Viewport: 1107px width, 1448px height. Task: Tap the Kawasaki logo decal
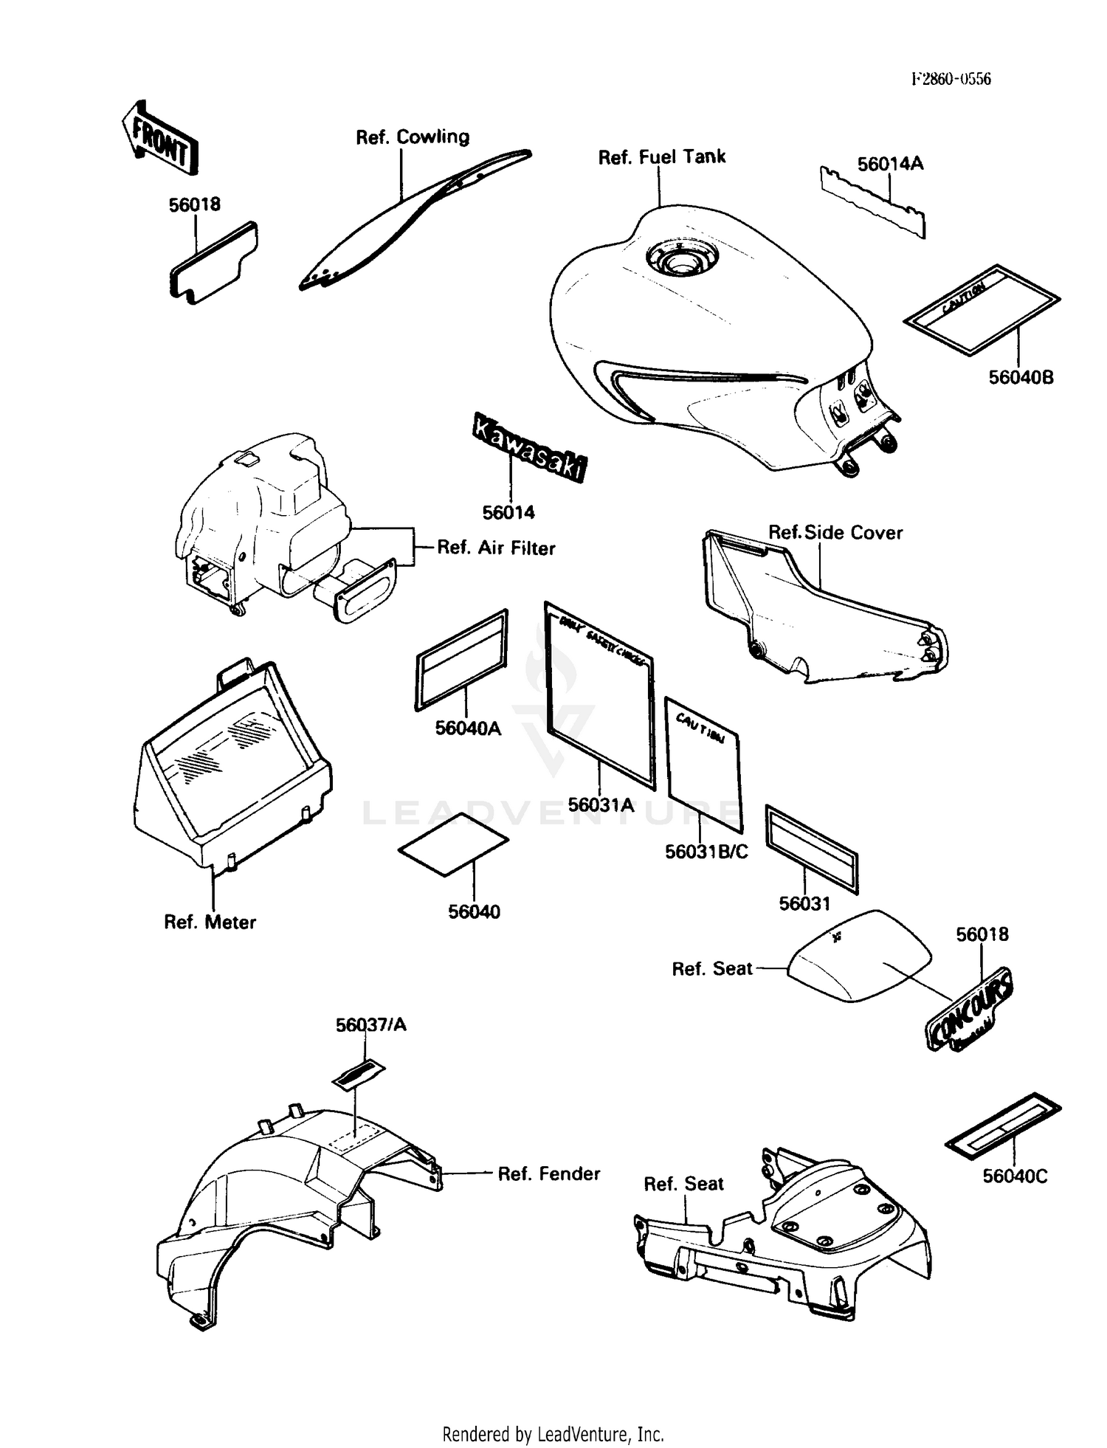(x=530, y=447)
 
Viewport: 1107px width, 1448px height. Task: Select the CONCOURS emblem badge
(x=970, y=1008)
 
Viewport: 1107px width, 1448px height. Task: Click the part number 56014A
(x=890, y=164)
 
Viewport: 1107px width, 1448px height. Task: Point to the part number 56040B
(x=1021, y=378)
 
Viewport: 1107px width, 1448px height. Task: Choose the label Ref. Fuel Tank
(x=662, y=157)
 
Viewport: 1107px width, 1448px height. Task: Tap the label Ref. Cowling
(x=413, y=137)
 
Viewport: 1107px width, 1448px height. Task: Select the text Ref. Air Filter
(x=496, y=548)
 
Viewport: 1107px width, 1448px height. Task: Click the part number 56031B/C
(x=706, y=852)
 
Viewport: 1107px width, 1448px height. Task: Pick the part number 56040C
(x=1015, y=1176)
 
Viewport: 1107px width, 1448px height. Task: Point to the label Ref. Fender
(x=548, y=1173)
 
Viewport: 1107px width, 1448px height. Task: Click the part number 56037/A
(x=370, y=1025)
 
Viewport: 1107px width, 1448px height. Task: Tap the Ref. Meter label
(x=210, y=922)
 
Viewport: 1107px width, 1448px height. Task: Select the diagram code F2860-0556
(x=951, y=79)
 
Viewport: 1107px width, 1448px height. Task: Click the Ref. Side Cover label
(x=835, y=533)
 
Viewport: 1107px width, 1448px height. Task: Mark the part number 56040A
(x=468, y=728)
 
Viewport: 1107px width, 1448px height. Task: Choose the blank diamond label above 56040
(x=453, y=844)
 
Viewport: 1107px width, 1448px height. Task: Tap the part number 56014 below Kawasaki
(x=508, y=512)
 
